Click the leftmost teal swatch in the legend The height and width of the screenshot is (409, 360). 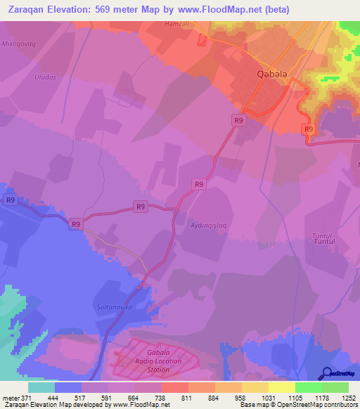41,387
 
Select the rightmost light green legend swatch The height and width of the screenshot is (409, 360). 335,387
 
